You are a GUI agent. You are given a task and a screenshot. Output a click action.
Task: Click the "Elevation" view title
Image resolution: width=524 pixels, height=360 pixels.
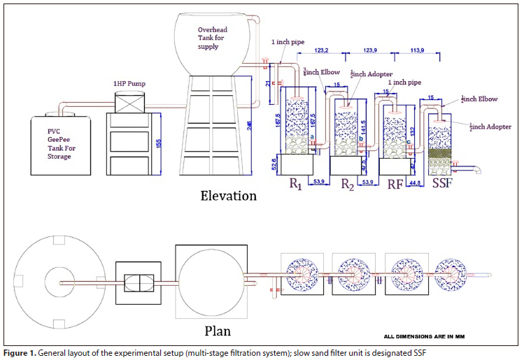tap(229, 195)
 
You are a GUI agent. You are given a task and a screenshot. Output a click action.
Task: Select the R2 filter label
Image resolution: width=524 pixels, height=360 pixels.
tap(348, 185)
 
